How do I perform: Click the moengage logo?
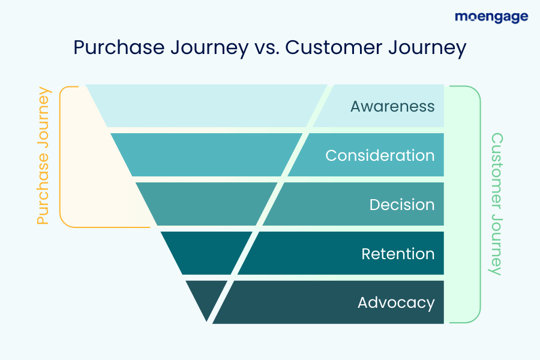[x=491, y=17]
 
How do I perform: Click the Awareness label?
[x=392, y=106]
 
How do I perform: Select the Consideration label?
[x=380, y=155]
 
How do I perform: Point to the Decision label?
[x=401, y=205]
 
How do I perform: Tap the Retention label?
[x=397, y=254]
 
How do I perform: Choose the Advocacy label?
[x=395, y=302]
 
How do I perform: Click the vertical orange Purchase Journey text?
[x=43, y=156]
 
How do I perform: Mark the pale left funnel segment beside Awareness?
[x=204, y=106]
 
